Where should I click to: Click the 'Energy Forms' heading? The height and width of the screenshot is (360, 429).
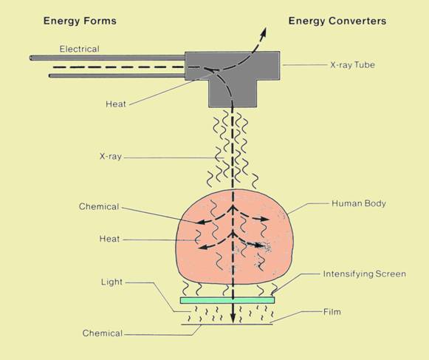click(80, 21)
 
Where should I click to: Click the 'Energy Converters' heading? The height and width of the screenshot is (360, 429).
click(337, 21)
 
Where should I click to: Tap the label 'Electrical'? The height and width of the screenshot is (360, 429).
click(79, 49)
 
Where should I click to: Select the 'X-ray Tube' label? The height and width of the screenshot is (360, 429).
click(352, 65)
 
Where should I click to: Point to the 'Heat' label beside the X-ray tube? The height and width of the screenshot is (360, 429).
click(116, 104)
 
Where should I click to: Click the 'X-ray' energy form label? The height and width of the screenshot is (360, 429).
click(111, 157)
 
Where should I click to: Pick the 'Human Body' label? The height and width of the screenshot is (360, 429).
click(359, 203)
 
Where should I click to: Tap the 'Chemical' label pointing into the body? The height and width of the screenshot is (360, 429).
click(99, 206)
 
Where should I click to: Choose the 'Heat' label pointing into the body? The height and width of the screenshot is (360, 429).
click(109, 239)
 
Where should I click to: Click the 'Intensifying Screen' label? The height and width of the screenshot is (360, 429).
click(365, 274)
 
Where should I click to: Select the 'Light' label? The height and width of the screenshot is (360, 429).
click(111, 282)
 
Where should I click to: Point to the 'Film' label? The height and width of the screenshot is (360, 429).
click(332, 312)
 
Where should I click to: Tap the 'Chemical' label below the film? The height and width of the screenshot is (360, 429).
click(103, 333)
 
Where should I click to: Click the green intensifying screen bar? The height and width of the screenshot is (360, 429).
click(227, 300)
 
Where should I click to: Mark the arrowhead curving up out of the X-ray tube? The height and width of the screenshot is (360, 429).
click(263, 32)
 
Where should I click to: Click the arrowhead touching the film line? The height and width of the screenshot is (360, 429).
click(233, 318)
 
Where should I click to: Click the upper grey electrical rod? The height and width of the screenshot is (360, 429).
click(107, 58)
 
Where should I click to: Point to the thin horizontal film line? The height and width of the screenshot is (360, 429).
click(227, 325)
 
